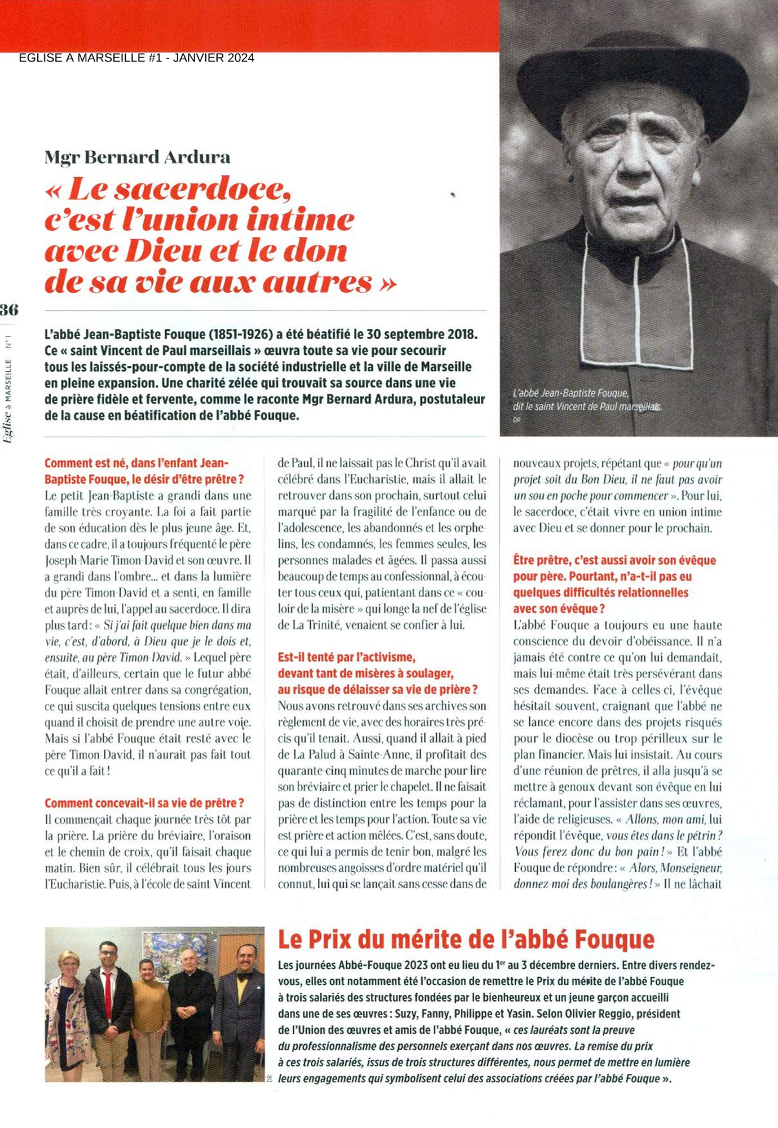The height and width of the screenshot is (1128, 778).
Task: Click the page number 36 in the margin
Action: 9,310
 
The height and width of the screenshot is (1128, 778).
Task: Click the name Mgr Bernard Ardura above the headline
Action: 138,157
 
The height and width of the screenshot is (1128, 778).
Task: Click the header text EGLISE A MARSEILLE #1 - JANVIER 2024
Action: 136,58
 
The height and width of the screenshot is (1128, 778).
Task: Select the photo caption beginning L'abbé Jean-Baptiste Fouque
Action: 586,400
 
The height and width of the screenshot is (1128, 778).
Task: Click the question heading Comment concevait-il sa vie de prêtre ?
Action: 144,803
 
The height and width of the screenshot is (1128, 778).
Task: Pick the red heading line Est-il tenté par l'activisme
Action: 347,657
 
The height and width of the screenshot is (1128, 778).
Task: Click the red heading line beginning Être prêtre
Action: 614,561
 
